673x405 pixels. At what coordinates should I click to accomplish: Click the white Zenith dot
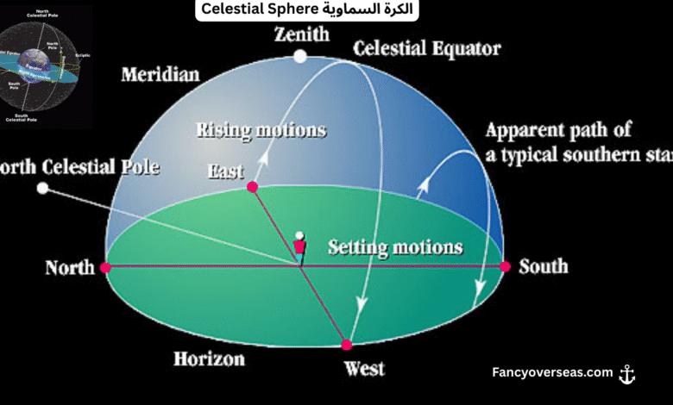(299, 57)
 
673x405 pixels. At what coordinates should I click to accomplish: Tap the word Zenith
(302, 35)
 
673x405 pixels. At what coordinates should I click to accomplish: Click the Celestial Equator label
(427, 49)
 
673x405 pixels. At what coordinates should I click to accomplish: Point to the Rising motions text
(261, 131)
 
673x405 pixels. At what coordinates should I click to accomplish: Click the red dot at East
(252, 186)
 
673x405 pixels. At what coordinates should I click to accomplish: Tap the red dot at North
(105, 268)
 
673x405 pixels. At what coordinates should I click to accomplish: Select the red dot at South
(506, 267)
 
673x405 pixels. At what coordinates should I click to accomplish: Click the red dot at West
(347, 345)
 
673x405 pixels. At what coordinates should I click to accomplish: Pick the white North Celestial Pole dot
(42, 188)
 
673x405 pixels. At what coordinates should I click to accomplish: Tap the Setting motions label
(395, 248)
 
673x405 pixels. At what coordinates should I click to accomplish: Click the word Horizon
(209, 358)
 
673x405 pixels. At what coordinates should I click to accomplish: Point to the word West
(364, 370)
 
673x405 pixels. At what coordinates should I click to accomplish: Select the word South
(544, 265)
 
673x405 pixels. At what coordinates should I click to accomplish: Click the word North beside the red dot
(70, 268)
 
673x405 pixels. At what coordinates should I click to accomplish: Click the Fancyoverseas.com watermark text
(552, 373)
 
